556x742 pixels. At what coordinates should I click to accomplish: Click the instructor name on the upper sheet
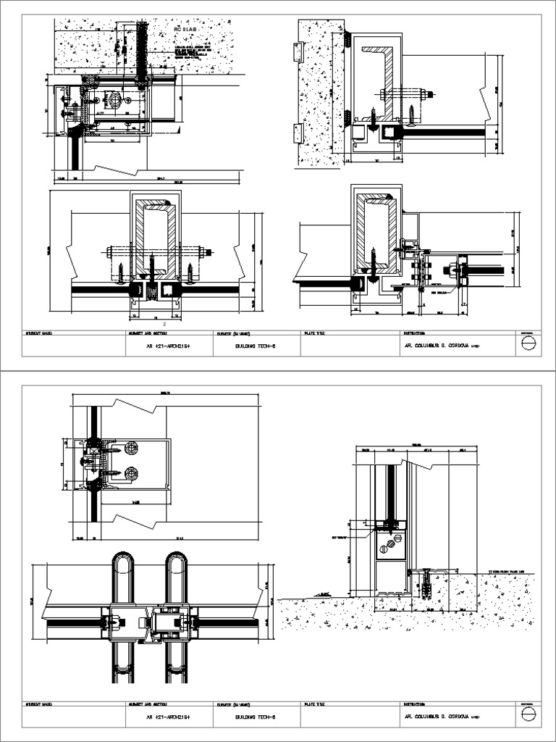[441, 346]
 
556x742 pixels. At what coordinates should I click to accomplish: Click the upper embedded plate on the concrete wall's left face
[295, 51]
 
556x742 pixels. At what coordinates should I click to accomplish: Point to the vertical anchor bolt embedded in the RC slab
[142, 51]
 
